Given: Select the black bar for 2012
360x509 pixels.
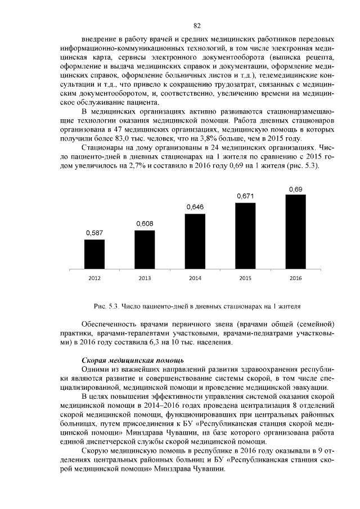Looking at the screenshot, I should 94,255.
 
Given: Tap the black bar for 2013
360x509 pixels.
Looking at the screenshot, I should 145,250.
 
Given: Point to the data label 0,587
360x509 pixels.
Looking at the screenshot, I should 94,232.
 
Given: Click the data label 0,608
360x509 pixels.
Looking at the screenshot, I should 145,224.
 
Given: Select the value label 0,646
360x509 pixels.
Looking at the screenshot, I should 195,208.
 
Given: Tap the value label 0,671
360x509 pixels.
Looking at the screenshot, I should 245,196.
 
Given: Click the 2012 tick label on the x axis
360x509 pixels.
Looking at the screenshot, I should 94,278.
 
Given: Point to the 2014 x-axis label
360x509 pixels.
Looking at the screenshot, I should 195,278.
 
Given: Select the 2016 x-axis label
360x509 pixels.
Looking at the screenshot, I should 296,278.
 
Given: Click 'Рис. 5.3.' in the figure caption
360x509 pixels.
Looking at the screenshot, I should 105,307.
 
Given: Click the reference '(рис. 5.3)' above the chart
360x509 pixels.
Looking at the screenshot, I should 304,166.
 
